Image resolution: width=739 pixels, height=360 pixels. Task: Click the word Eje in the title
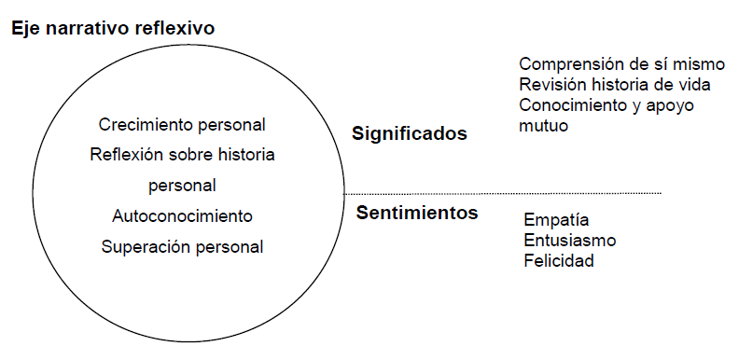[x=24, y=29]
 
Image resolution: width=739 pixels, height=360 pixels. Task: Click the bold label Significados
[x=410, y=134]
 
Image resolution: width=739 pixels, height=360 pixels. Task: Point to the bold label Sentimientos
[x=417, y=213]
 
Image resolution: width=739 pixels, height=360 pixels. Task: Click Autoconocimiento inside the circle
[x=182, y=216]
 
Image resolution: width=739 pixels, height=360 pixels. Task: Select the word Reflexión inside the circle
[x=125, y=155]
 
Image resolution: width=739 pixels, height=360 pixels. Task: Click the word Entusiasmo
[x=570, y=241]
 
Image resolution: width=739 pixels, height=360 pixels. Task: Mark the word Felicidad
[x=559, y=260]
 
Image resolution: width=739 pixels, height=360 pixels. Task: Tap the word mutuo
[x=543, y=126]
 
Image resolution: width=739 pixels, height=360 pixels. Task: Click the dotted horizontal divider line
[x=502, y=193]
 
